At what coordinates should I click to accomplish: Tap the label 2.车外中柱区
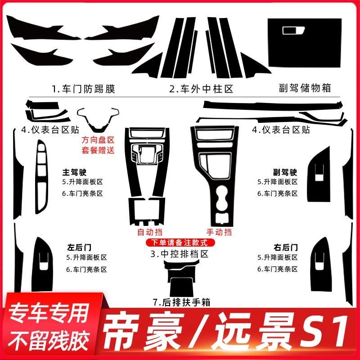click(202, 89)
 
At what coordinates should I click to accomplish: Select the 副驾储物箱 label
click(304, 88)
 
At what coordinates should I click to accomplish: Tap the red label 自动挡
click(150, 233)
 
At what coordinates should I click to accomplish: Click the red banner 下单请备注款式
click(180, 243)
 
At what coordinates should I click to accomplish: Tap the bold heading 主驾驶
click(74, 172)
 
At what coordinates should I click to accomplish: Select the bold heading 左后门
click(74, 247)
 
